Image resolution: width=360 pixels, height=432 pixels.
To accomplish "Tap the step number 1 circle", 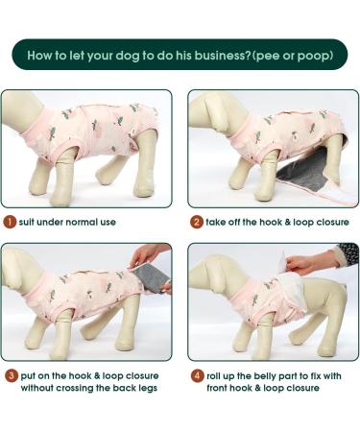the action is [10, 222].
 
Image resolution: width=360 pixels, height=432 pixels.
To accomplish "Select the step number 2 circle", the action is [196, 222].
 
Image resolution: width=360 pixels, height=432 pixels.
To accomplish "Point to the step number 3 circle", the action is [12, 375].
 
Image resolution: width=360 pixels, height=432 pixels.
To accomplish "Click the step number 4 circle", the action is [197, 375].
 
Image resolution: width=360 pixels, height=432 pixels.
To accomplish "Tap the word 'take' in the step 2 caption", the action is [216, 222].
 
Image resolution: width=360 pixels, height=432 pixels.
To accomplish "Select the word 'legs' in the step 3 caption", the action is [148, 388].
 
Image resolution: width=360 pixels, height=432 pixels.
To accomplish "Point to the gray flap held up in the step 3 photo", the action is [151, 277].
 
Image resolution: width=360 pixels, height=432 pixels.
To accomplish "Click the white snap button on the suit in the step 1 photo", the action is [133, 131].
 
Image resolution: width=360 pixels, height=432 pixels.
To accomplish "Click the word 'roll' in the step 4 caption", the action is [214, 375].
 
